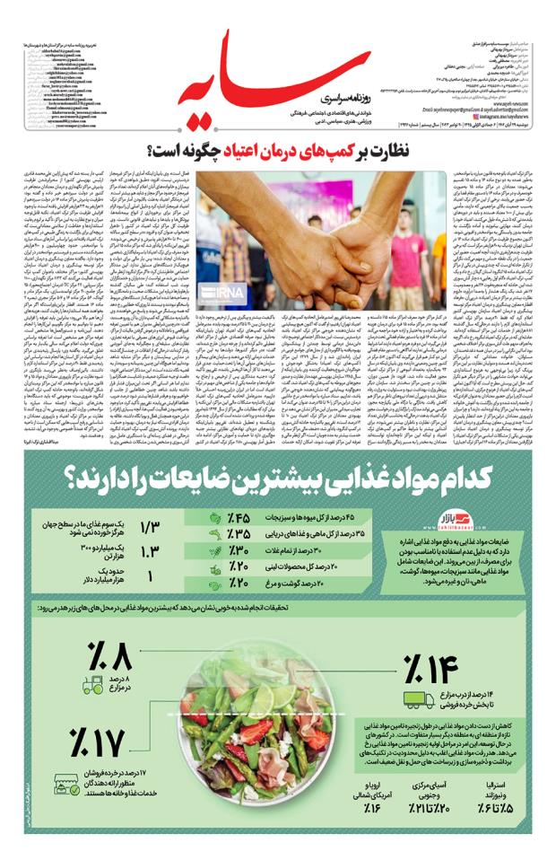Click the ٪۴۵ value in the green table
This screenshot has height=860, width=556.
(239, 517)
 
